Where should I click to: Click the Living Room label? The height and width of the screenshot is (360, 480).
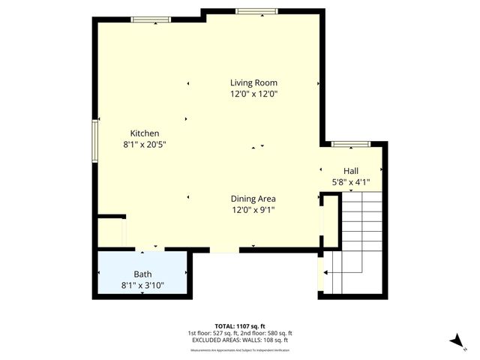[254, 82]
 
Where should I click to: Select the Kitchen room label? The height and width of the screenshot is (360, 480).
[144, 133]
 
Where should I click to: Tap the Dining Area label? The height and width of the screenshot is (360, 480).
[253, 199]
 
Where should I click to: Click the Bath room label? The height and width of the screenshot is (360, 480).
[142, 274]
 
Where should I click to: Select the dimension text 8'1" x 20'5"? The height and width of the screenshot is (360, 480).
[144, 144]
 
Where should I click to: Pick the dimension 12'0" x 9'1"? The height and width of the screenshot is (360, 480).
[253, 210]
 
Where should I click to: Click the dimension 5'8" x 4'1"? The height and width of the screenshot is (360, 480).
[351, 181]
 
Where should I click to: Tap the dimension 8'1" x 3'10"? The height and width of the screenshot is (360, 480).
[142, 285]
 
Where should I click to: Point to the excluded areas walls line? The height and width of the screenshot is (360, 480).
[239, 340]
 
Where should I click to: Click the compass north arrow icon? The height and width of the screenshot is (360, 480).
[455, 340]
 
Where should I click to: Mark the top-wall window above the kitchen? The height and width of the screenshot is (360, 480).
[155, 19]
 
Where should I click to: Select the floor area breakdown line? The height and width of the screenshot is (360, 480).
[239, 332]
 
